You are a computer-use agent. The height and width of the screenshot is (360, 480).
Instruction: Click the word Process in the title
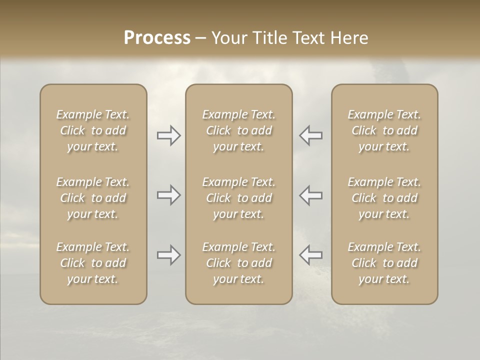157,38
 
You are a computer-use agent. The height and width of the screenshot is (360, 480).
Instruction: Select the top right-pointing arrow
168,135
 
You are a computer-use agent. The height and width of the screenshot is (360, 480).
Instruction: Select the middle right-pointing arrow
168,195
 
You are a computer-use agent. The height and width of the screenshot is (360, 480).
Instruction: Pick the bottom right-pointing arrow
168,255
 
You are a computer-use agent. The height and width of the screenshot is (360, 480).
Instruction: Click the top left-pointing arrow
311,135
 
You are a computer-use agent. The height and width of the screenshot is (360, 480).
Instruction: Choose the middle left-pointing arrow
311,195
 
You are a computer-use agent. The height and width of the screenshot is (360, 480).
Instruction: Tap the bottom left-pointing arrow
311,255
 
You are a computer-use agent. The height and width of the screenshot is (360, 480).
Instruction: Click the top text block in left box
93,130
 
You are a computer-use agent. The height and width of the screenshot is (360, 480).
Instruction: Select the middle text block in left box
93,198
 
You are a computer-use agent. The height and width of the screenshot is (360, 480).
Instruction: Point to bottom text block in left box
93,263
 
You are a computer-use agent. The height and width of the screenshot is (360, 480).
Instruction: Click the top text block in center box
239,130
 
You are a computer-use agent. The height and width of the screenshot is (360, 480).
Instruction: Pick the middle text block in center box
239,198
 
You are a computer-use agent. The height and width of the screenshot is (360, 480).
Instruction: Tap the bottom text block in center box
239,263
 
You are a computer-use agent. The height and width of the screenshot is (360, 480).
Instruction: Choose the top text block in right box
384,130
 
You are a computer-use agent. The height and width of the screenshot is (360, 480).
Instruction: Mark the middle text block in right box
384,198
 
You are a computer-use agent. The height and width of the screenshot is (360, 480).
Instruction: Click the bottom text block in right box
384,263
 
